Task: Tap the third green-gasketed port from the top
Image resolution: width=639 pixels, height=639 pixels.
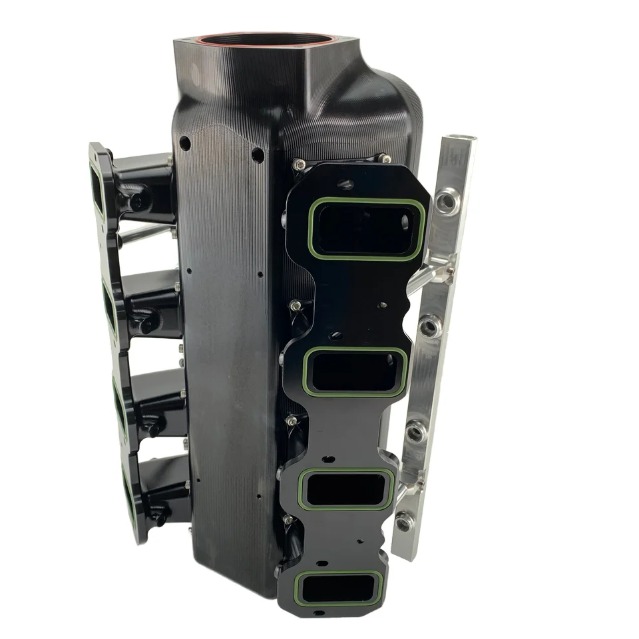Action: coord(347,489)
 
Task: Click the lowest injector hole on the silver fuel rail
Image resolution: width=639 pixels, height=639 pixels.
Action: coord(403,523)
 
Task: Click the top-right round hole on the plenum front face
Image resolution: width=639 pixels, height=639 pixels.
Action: coord(258,155)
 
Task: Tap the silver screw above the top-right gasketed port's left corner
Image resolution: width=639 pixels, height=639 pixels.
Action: coord(301,164)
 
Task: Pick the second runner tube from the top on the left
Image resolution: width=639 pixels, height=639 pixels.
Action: coord(152,302)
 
